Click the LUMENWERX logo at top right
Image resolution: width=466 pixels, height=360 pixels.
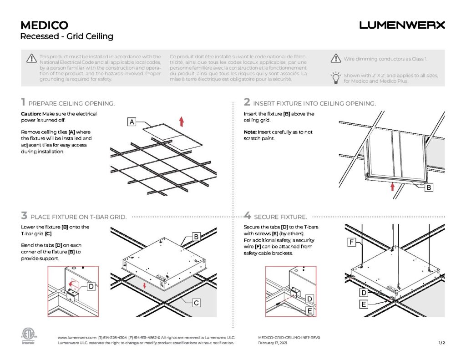click(x=402, y=25)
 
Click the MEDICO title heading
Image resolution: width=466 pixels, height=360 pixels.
click(x=44, y=25)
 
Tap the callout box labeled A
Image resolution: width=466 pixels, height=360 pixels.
click(x=132, y=122)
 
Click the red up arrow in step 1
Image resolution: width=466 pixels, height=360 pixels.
click(x=181, y=121)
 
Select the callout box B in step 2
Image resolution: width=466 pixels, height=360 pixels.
click(x=428, y=187)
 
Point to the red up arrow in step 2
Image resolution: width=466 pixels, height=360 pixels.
click(x=392, y=187)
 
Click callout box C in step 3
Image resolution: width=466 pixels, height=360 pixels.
click(x=196, y=302)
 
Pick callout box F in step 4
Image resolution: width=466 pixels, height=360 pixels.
click(x=352, y=243)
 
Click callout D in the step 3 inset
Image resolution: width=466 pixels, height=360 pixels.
click(x=91, y=286)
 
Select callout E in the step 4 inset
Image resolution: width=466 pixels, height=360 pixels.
click(x=309, y=310)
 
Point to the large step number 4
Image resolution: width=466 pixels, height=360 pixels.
click(x=248, y=216)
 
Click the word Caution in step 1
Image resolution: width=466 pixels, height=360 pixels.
click(x=31, y=114)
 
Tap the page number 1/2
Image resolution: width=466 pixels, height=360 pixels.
click(x=441, y=343)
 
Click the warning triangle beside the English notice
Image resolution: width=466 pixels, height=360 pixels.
click(x=31, y=58)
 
